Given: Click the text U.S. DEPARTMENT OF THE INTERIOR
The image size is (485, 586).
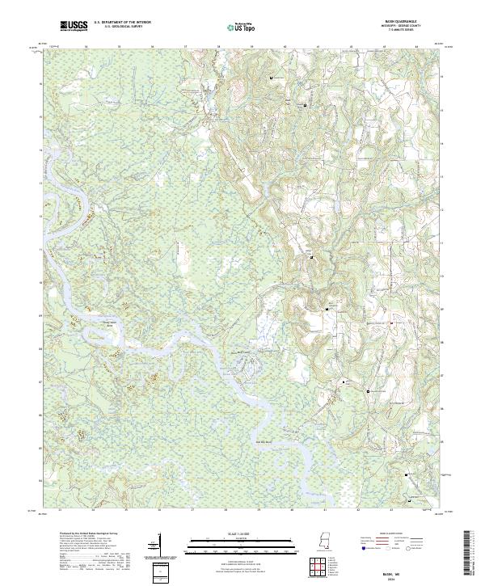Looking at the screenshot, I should click(122, 23).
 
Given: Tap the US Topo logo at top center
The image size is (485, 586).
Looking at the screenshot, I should click(242, 27).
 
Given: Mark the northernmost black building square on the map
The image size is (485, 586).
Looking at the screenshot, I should click(271, 77).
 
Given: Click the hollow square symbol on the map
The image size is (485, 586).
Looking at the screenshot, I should click(369, 390).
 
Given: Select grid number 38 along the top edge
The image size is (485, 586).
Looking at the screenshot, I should click(218, 48).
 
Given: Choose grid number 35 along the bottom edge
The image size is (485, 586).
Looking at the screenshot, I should click(126, 511).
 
